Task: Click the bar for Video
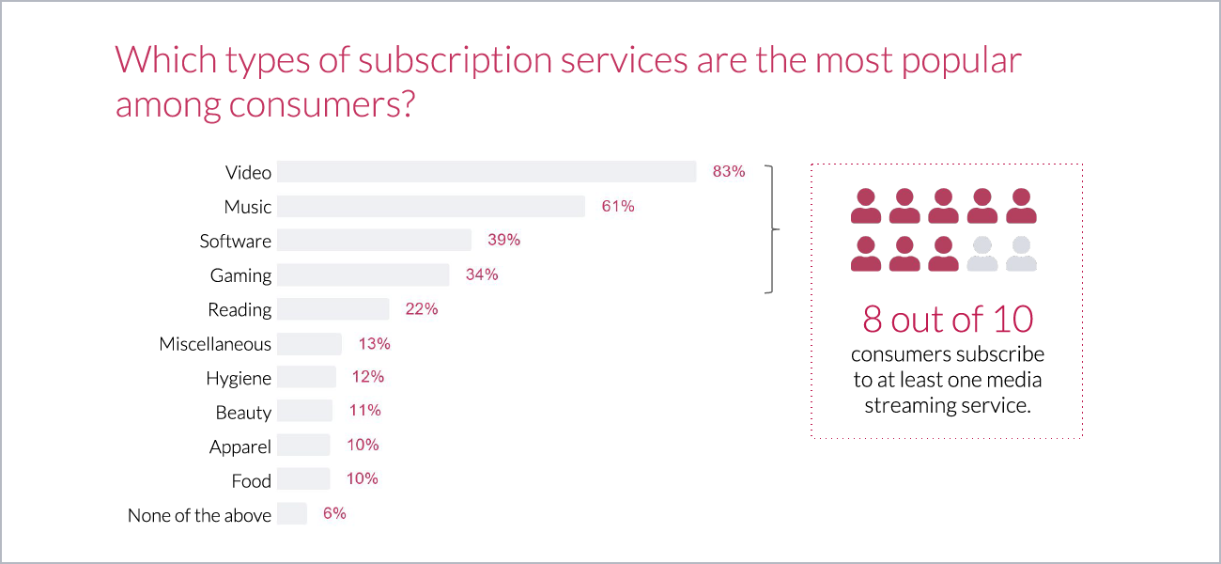coord(487,172)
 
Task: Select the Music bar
coord(431,207)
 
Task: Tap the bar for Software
coord(374,241)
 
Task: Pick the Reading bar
coord(332,309)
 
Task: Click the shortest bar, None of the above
coord(292,514)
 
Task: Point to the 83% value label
coord(728,172)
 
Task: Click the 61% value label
coord(618,206)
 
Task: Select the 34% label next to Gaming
coord(482,274)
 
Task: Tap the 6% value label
coord(334,513)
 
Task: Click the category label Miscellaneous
coord(215,344)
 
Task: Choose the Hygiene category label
coord(239,379)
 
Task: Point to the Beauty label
coord(243,413)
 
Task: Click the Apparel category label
coord(240,447)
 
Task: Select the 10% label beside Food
coord(362,479)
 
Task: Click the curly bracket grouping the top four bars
coord(773,229)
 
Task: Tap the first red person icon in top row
coord(865,206)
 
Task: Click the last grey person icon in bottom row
coord(1021,254)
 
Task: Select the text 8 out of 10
coord(948,320)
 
